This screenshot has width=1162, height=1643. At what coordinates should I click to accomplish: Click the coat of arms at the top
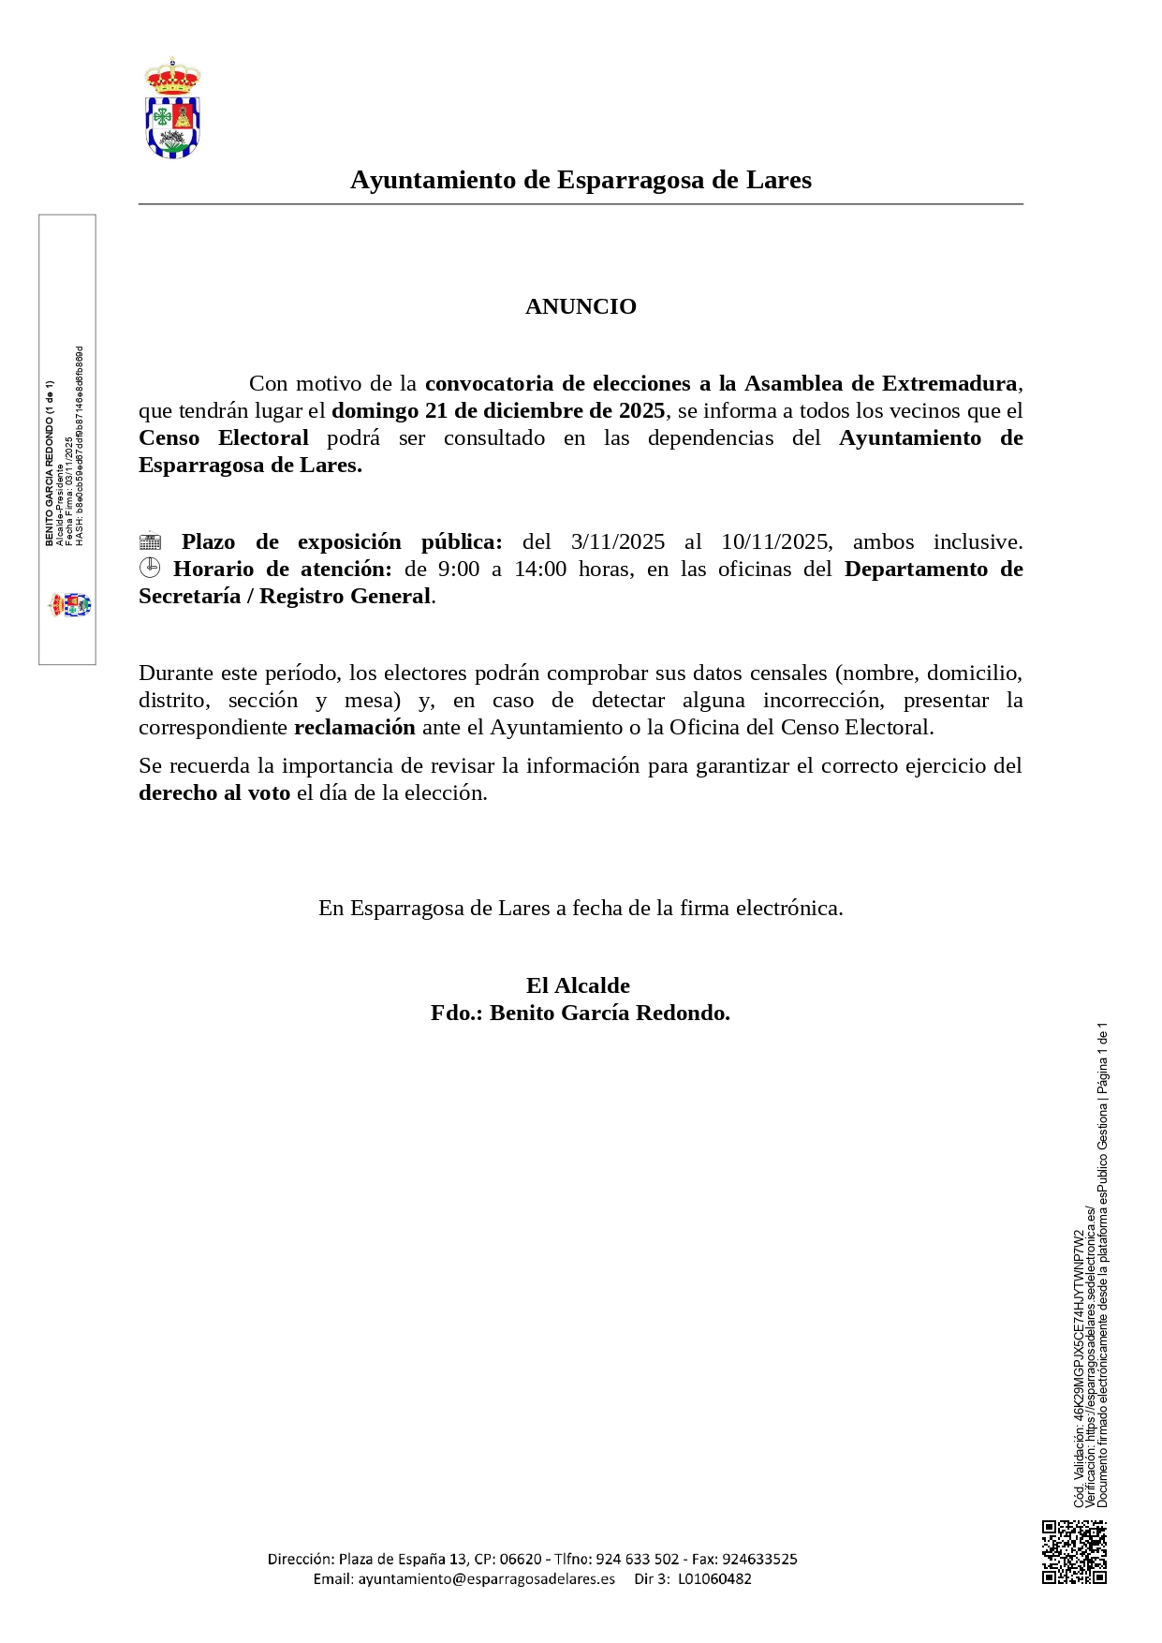click(x=172, y=109)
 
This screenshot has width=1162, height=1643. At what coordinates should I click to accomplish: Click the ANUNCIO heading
click(x=581, y=306)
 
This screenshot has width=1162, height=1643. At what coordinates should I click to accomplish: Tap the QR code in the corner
click(x=1074, y=1552)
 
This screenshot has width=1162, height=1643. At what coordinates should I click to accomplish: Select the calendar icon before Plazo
click(x=150, y=541)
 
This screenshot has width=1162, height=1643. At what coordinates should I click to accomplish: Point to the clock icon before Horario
click(x=150, y=568)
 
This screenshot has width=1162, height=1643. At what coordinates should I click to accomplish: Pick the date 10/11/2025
click(x=775, y=541)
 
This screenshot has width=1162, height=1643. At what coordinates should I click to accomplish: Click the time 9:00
click(x=459, y=569)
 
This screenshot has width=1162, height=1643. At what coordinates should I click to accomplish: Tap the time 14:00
click(x=540, y=569)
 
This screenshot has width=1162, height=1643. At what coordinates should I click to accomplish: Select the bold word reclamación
click(x=355, y=727)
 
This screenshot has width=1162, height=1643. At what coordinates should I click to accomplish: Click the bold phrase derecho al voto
click(x=214, y=792)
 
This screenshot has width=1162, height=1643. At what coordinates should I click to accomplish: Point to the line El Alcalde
click(x=578, y=985)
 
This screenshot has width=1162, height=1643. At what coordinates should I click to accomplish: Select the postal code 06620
click(x=521, y=1559)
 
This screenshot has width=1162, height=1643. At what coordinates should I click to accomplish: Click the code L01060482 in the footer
click(x=714, y=1578)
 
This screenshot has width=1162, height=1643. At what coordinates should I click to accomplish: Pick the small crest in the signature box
click(x=70, y=604)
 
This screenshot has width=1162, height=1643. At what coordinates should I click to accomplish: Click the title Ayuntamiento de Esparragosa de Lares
click(x=581, y=180)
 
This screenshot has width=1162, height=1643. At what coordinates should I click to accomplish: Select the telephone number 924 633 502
click(x=637, y=1559)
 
